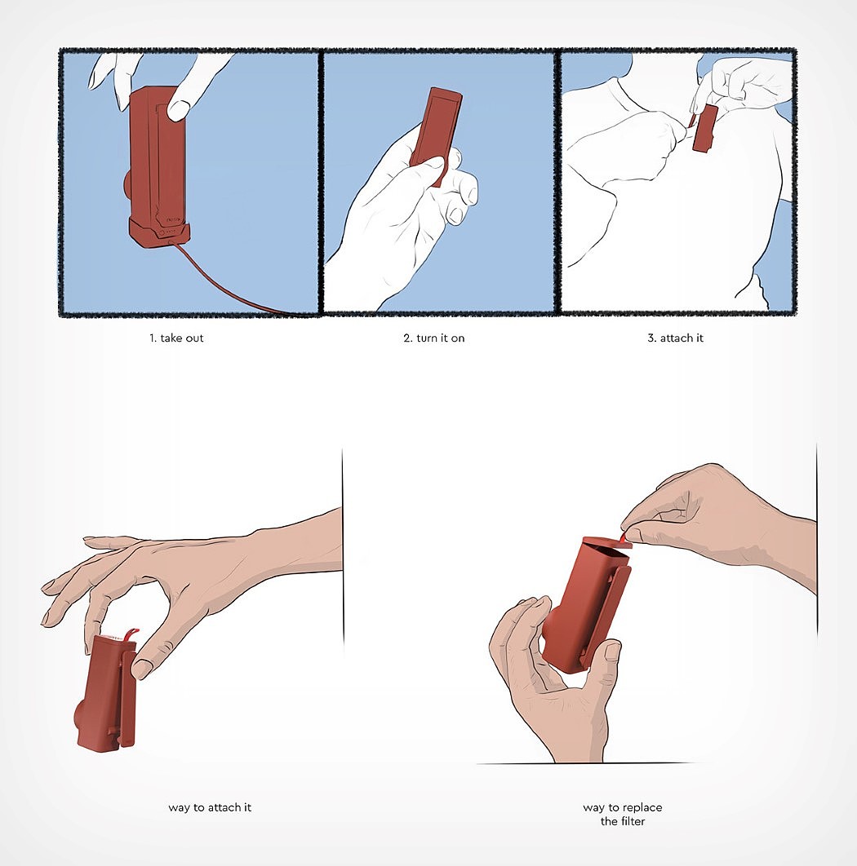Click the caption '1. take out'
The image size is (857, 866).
click(x=176, y=338)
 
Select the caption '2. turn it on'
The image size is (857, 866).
click(x=434, y=338)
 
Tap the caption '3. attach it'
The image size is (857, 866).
click(x=676, y=338)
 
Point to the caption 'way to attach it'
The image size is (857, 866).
click(x=210, y=807)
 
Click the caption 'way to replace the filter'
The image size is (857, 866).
click(x=623, y=814)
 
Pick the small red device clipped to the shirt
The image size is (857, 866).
click(x=705, y=128)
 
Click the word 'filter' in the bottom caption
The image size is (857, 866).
click(x=631, y=821)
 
